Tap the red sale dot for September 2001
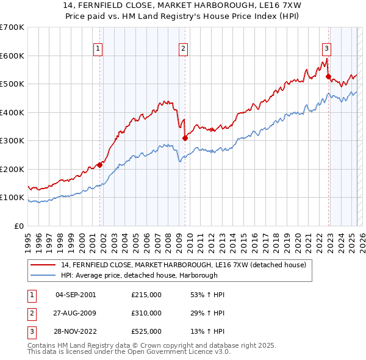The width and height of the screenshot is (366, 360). pyautogui.click(x=99, y=165)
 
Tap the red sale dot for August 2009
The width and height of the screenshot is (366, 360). pyautogui.click(x=185, y=138)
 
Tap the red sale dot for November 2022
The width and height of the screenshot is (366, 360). pyautogui.click(x=328, y=77)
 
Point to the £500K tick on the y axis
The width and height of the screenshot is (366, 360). pyautogui.click(x=13, y=84)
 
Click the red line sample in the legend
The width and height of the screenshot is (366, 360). pyautogui.click(x=43, y=264)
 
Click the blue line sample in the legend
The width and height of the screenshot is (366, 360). pyautogui.click(x=43, y=275)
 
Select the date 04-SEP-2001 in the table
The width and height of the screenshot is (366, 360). pyautogui.click(x=76, y=295)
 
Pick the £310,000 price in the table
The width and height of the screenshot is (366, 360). pyautogui.click(x=146, y=314)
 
